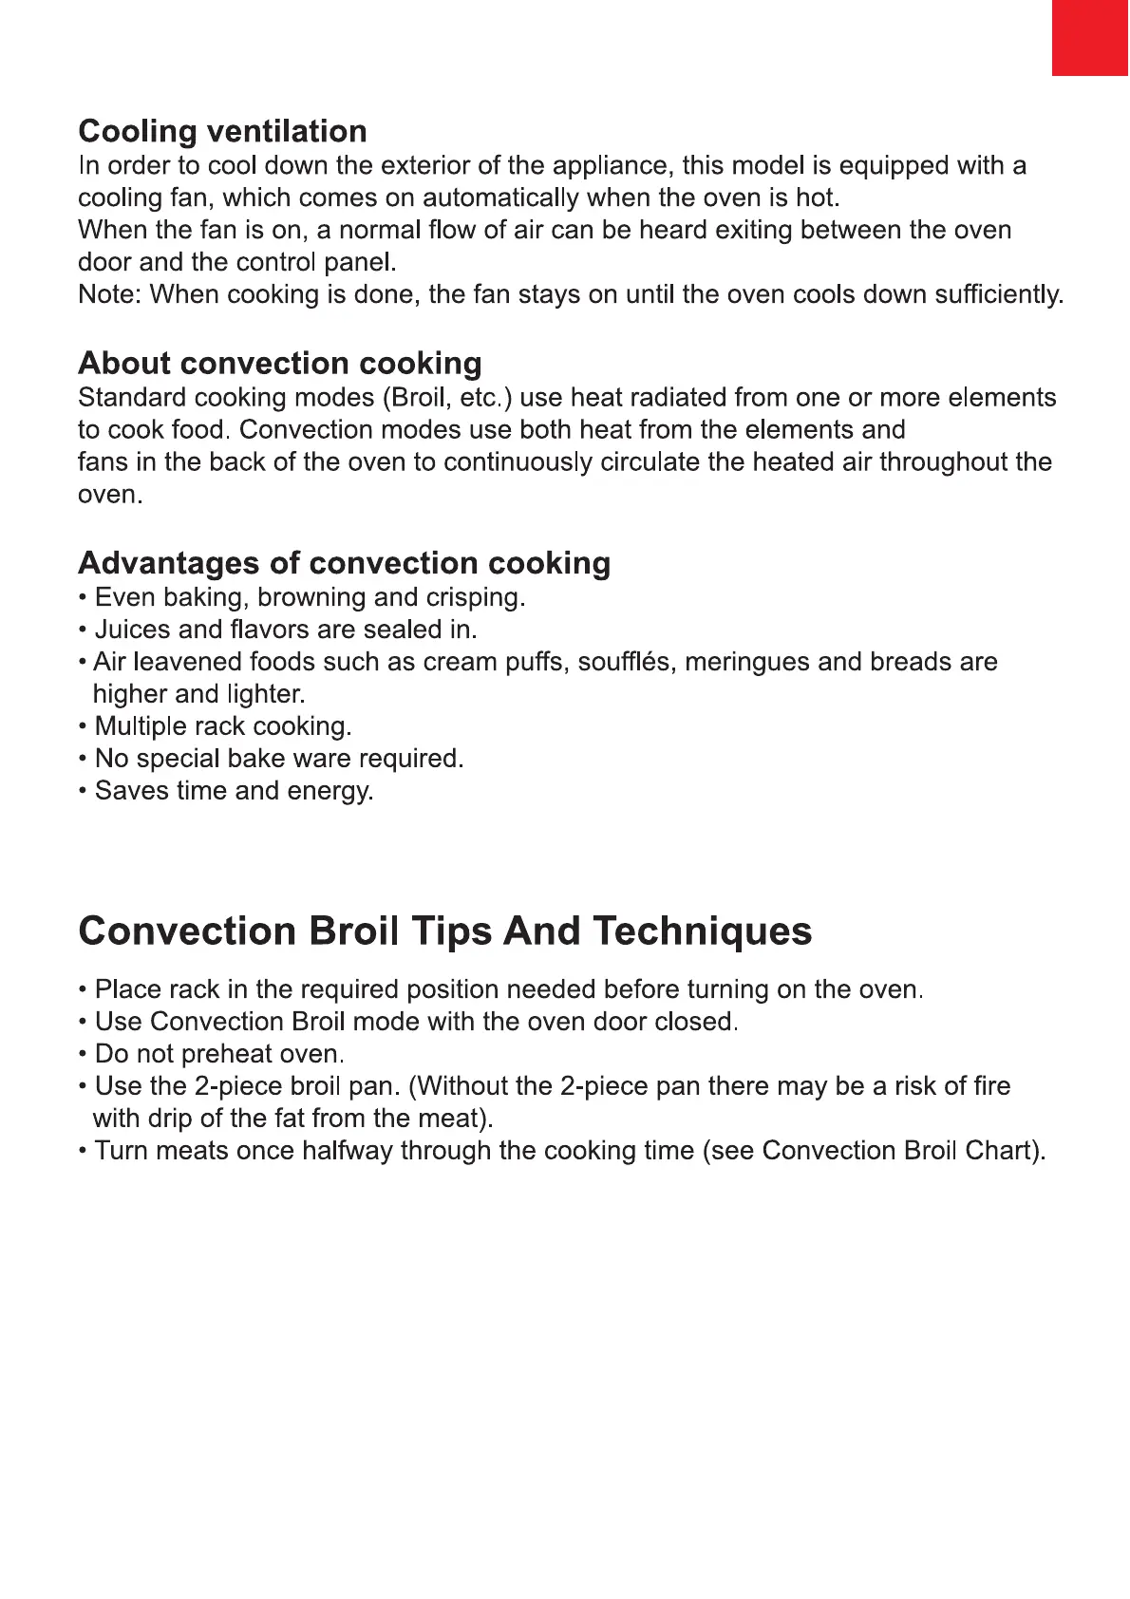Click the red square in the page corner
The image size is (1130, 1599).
[1090, 37]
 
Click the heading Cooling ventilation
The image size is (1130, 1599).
[222, 131]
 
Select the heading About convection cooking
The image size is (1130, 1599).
[279, 363]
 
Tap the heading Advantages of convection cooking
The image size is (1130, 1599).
[344, 563]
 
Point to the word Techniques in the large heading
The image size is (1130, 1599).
[703, 931]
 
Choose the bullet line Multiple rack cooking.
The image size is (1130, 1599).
[223, 726]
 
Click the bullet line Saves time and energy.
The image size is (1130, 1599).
[234, 791]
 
